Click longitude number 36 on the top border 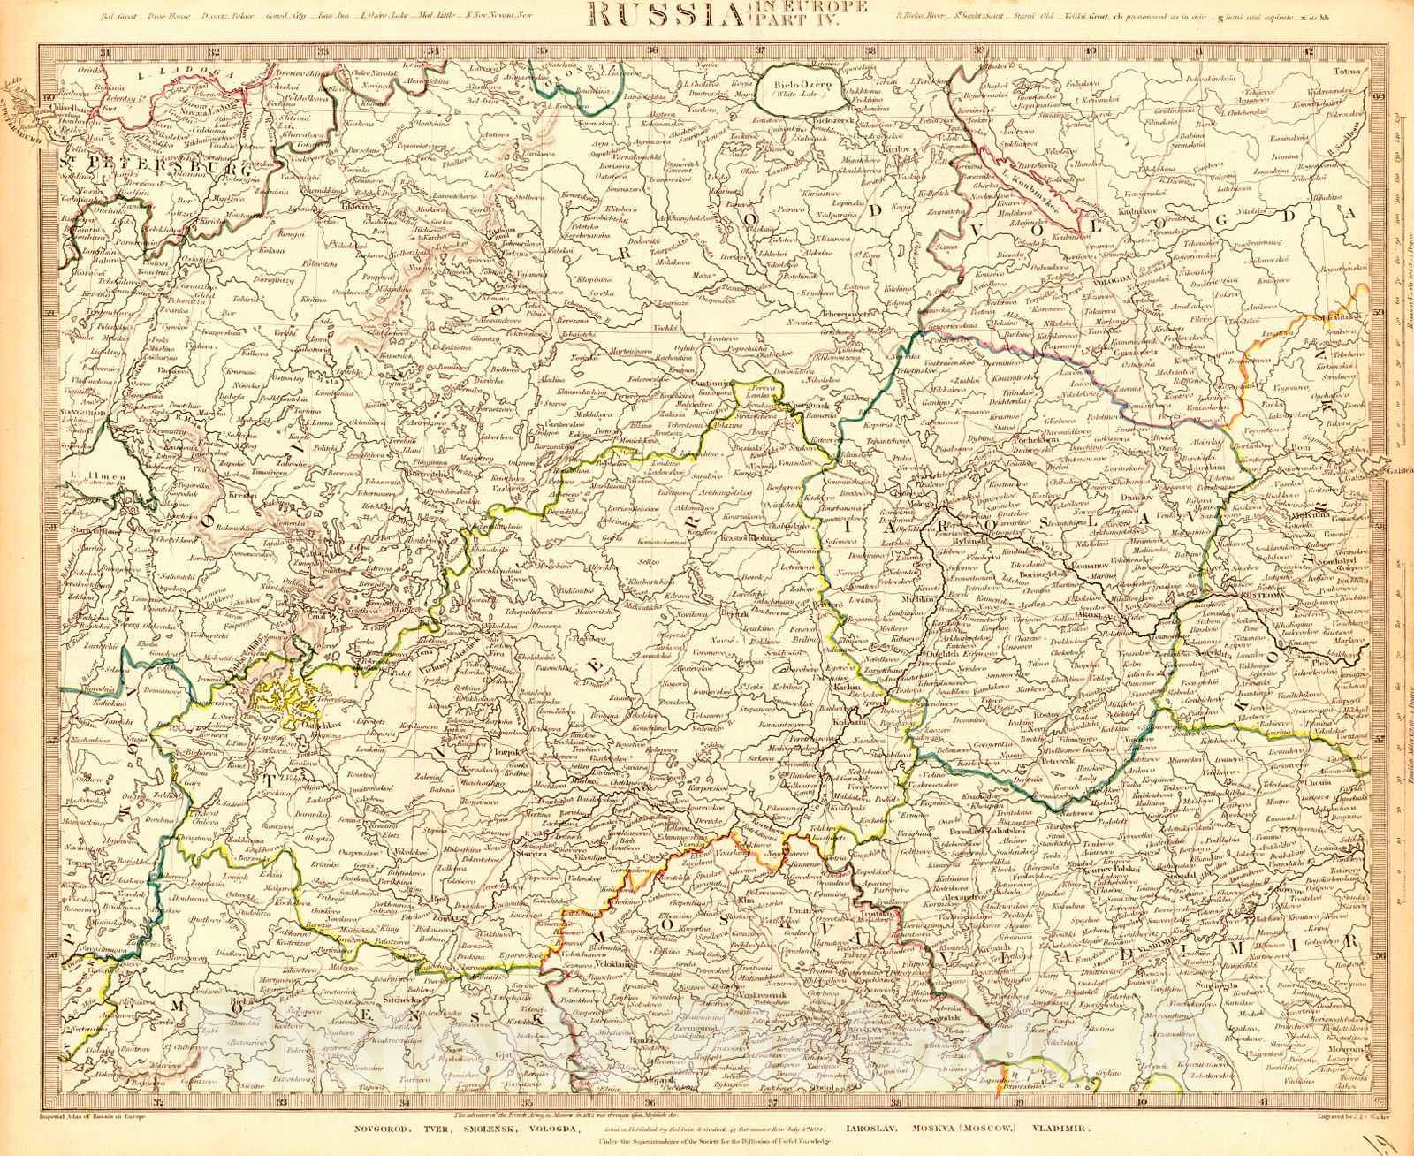click(650, 51)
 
